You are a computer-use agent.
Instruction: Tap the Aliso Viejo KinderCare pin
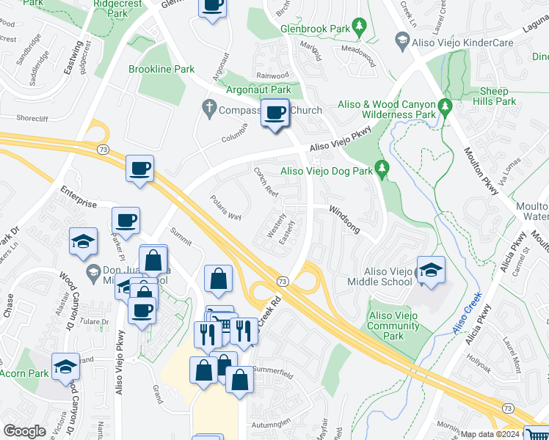pos(401,41)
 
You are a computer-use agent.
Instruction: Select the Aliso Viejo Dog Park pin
pos(381,169)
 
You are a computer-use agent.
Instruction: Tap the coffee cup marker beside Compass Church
pos(275,113)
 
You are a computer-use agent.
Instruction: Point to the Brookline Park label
pos(161,70)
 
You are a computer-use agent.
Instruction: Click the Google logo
pos(24,431)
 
